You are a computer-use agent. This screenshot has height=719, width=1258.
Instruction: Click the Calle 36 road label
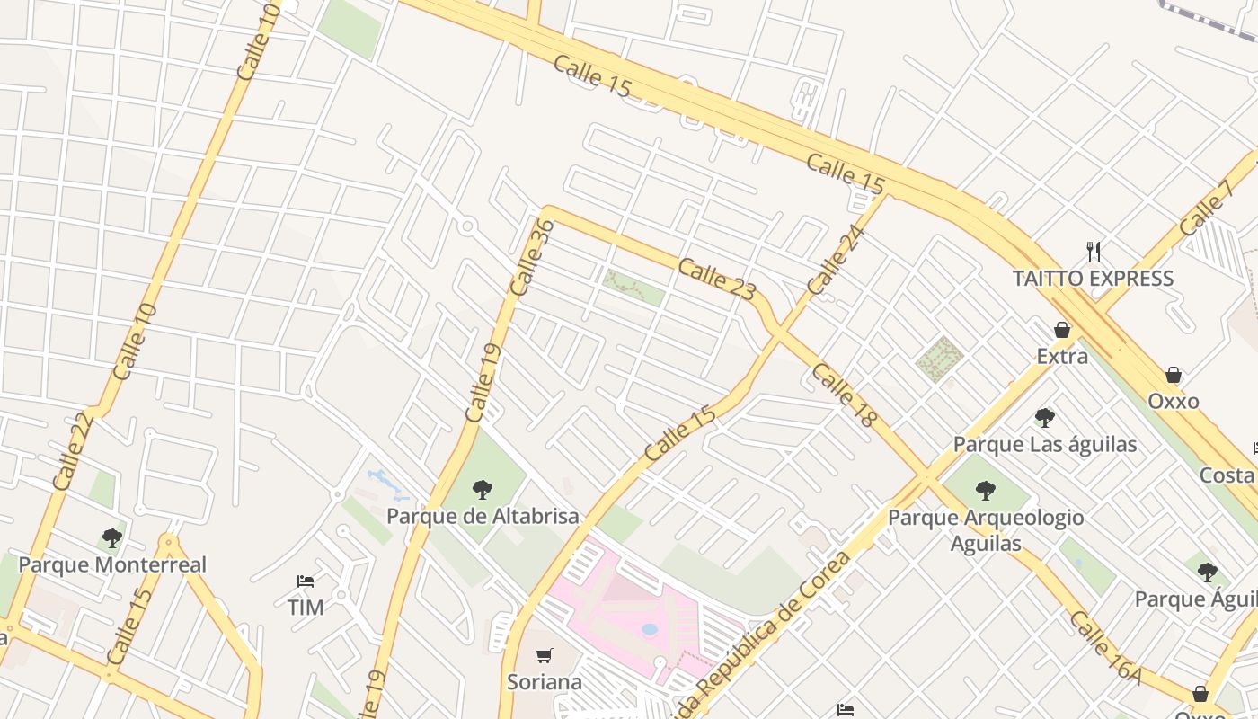point(531,258)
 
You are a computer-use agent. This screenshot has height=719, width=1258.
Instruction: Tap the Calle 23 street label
point(717,279)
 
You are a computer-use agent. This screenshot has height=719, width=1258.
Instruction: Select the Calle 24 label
point(836,260)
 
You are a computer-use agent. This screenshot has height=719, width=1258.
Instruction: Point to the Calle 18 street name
point(844,395)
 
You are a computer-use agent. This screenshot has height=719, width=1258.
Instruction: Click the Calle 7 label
point(1207,209)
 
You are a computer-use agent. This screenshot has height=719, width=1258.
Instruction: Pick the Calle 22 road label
point(73,451)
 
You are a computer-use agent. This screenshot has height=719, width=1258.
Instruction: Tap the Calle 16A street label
point(1105,649)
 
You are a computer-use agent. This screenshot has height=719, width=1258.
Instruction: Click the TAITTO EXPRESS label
point(1093,279)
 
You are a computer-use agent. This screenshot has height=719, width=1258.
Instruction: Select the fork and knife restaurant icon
point(1094,251)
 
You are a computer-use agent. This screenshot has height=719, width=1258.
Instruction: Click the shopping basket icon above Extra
point(1062,330)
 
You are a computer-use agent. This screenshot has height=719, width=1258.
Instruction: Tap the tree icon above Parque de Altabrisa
point(483,490)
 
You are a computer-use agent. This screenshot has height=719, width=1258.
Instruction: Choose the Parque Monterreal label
point(112,565)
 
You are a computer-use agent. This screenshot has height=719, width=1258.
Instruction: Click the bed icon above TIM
point(306,581)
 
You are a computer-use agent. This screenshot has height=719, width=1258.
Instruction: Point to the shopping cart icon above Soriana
point(544,655)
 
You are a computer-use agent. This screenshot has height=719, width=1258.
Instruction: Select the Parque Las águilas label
point(1045,445)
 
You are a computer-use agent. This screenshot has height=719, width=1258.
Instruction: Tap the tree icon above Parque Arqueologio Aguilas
point(986,491)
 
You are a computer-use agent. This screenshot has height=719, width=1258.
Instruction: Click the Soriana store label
point(545,682)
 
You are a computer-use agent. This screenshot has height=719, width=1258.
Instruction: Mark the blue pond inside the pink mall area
point(649,629)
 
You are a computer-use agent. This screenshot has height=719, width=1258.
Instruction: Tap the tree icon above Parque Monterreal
point(112,538)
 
